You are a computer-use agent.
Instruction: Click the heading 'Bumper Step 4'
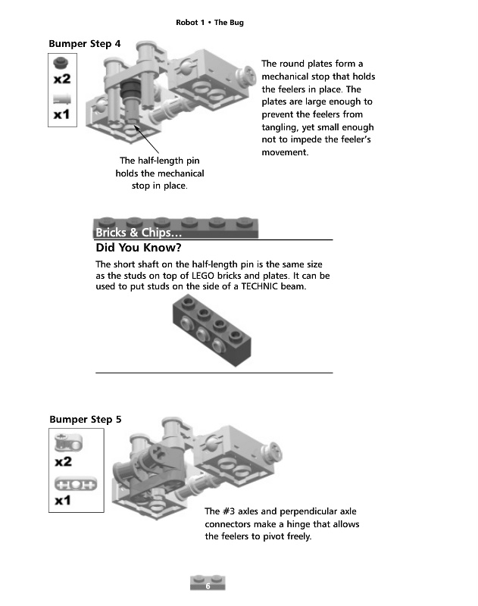click(x=84, y=44)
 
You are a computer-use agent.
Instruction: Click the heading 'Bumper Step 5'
click(x=84, y=419)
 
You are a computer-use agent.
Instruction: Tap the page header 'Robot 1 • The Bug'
click(x=209, y=23)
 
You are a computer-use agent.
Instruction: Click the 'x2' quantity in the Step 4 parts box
click(x=62, y=79)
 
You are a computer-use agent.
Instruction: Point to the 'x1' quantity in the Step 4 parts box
click(x=62, y=115)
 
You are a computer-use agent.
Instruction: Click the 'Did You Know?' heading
click(x=139, y=248)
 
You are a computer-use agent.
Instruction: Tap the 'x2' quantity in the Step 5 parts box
click(x=63, y=461)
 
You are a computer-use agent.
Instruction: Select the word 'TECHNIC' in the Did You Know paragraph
click(x=263, y=288)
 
